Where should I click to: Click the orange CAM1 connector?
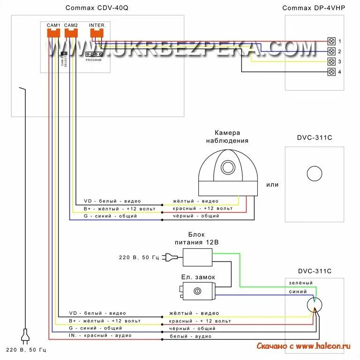click(x=53, y=32)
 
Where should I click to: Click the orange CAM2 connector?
click(x=71, y=32)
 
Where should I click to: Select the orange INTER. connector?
click(x=97, y=32)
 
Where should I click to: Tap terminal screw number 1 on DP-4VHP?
click(x=331, y=41)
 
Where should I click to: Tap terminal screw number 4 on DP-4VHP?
click(x=331, y=72)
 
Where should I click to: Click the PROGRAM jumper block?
click(x=94, y=54)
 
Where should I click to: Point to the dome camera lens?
click(x=228, y=167)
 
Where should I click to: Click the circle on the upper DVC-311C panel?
click(x=314, y=173)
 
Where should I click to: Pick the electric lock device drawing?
click(x=196, y=292)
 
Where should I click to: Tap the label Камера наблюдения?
click(x=227, y=136)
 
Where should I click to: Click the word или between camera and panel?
click(x=272, y=185)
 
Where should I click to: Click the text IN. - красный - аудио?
click(x=100, y=336)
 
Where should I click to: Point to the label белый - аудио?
click(x=189, y=336)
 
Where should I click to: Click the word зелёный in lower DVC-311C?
click(x=300, y=283)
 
